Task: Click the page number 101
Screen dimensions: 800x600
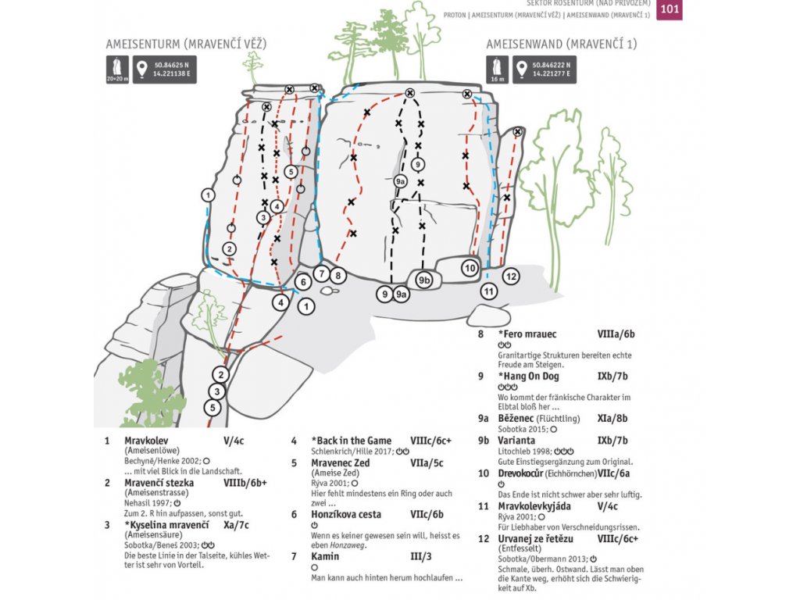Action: pos(669,9)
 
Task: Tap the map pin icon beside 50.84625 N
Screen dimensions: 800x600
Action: pos(142,69)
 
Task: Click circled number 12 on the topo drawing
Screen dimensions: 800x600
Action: pos(511,276)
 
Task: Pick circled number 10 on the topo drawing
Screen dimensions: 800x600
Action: pos(470,268)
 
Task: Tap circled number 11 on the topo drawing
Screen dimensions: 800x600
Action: pos(489,291)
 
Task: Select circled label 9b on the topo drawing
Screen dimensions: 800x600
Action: pos(424,279)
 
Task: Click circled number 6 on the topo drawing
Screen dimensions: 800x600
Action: pos(303,282)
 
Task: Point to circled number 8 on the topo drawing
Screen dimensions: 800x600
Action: pos(337,275)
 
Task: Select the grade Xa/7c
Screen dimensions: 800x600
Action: pos(236,525)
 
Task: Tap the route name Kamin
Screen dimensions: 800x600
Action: pos(325,556)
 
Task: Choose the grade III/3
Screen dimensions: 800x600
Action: pos(420,556)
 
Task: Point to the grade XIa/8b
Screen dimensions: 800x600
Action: pos(612,419)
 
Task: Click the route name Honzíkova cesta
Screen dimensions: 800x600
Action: pos(346,514)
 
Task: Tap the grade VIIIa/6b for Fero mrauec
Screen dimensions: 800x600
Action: pos(616,334)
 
